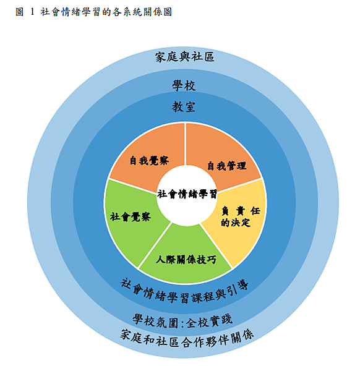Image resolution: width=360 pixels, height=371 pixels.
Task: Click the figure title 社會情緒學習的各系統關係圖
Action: point(106,12)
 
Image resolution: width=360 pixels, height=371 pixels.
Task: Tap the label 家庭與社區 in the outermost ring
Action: point(184,57)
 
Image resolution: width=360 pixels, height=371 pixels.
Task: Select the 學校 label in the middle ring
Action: point(184,86)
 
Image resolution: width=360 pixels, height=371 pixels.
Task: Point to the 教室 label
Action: point(184,107)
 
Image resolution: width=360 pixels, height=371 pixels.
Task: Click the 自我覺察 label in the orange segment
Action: point(149,161)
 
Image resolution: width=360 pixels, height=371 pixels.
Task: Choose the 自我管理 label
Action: point(227,166)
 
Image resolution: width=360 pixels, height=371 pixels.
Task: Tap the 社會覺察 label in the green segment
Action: point(130,217)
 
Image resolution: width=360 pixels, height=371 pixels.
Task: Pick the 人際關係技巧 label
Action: point(186,260)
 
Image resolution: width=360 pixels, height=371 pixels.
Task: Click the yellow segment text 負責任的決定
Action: point(241,216)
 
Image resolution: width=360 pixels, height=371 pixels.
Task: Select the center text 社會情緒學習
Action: point(187,194)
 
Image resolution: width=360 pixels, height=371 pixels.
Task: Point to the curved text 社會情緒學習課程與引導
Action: point(184,291)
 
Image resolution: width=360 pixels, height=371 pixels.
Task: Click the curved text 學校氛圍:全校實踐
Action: point(182,322)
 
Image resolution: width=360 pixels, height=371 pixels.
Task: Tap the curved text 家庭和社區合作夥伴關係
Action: point(187,339)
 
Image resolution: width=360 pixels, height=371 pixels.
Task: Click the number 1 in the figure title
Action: point(32,12)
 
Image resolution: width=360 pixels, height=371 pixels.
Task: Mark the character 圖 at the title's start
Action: point(20,12)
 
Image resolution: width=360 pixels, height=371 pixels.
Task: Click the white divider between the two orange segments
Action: point(186,144)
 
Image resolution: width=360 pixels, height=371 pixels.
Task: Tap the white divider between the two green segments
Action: point(155,245)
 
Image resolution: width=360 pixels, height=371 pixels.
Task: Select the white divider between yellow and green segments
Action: point(216,245)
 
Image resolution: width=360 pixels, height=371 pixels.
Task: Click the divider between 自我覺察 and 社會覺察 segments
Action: point(132,187)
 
